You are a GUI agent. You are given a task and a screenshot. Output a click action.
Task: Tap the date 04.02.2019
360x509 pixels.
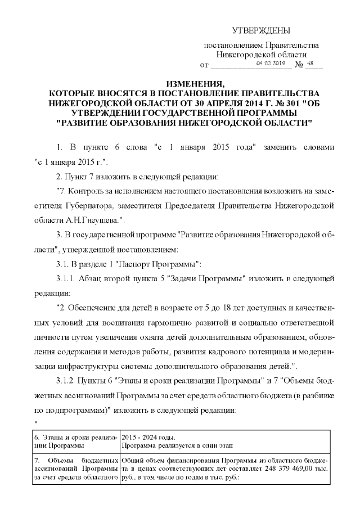tap(271, 64)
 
